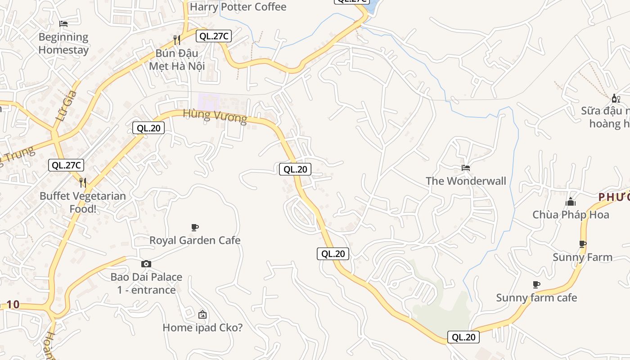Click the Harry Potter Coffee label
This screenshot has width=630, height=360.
[238, 7]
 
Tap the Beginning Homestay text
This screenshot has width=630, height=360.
[63, 43]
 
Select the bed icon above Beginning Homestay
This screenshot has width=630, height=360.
[63, 23]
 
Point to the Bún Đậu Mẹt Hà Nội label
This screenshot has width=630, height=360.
[177, 59]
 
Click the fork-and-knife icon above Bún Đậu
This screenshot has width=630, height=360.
[177, 40]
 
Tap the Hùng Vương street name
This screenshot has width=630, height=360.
[215, 116]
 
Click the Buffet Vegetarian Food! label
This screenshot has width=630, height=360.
[83, 202]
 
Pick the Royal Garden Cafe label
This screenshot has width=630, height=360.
[195, 240]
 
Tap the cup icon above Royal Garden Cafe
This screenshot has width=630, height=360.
[195, 227]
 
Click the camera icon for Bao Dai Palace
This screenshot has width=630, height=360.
[146, 264]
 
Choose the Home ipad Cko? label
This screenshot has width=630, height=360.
[202, 328]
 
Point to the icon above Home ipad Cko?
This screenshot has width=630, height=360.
[202, 314]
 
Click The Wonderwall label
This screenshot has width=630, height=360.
[466, 181]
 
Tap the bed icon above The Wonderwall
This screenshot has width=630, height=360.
[466, 168]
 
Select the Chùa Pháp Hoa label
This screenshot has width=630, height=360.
[571, 215]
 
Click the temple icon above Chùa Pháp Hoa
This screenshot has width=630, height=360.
[571, 202]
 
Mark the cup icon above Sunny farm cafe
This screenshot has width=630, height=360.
[536, 284]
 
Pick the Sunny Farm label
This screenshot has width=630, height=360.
[582, 257]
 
